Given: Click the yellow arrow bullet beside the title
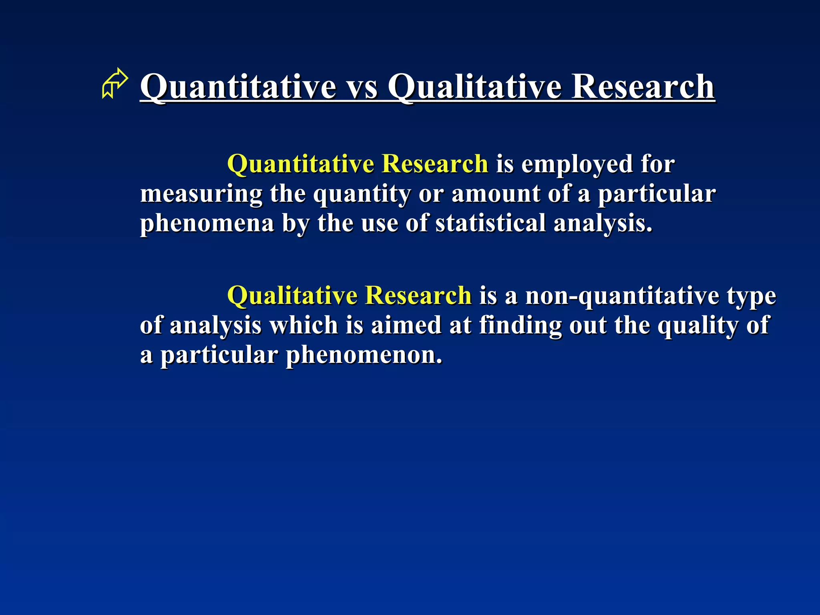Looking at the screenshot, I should pyautogui.click(x=115, y=83).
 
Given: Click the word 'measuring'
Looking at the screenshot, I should pyautogui.click(x=201, y=194).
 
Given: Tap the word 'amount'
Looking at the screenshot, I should pyautogui.click(x=496, y=194).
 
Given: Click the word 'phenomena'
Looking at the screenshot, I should pyautogui.click(x=207, y=223).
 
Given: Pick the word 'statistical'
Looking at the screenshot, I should pyautogui.click(x=490, y=223).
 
